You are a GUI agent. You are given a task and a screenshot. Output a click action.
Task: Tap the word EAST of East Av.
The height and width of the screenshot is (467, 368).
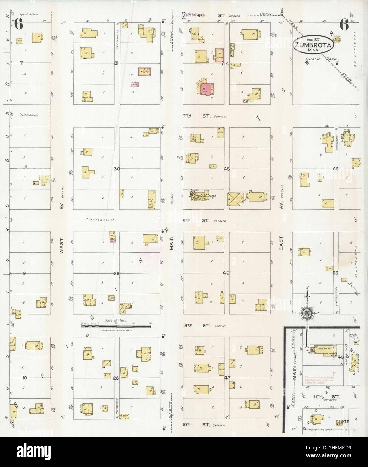281,242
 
